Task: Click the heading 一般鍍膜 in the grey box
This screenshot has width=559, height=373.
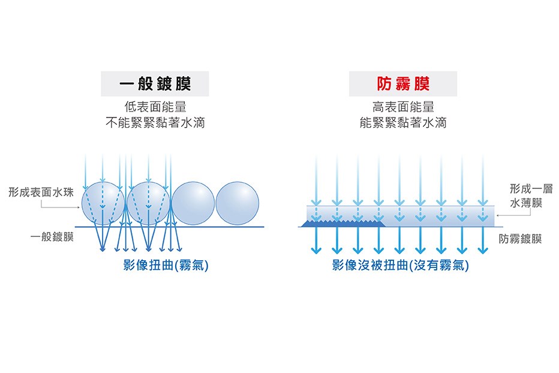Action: (155, 84)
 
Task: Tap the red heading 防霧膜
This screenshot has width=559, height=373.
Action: (403, 84)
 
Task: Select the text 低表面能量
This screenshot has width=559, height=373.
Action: (155, 107)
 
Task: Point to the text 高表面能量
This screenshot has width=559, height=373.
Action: (403, 107)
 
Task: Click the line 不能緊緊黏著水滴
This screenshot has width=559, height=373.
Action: (155, 123)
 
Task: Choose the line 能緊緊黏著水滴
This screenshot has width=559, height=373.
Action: (403, 123)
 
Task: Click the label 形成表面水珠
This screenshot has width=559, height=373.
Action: (41, 192)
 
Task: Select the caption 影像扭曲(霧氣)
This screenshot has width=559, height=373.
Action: (166, 265)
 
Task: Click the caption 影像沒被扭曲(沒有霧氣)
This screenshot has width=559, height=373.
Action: (401, 265)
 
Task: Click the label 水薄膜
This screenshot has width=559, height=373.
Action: (526, 204)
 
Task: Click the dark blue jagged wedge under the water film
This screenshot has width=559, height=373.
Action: (342, 224)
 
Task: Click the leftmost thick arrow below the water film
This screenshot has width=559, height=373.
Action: (316, 240)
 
